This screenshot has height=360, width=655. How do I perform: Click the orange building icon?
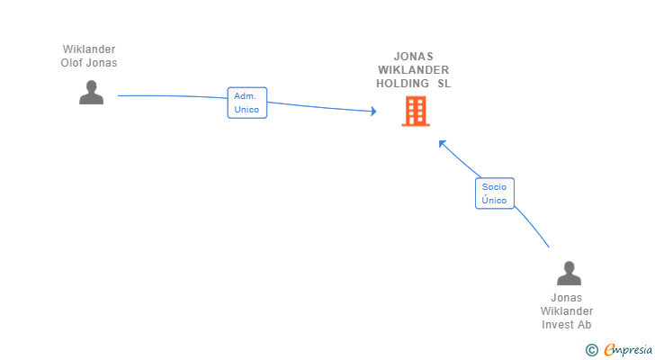[415, 112]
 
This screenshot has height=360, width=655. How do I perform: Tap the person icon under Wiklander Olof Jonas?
[91, 93]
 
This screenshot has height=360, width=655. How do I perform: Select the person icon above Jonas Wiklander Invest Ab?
[568, 274]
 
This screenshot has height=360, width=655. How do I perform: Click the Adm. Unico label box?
[247, 103]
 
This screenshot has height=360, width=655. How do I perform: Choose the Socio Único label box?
[494, 193]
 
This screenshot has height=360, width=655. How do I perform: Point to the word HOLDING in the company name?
[402, 84]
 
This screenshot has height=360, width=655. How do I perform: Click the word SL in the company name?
[444, 84]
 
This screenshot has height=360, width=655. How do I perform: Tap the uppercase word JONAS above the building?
[414, 57]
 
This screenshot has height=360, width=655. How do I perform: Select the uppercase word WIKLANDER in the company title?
[414, 70]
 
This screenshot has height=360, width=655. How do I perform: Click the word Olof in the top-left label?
[73, 63]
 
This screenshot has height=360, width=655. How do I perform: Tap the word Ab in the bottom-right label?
[585, 325]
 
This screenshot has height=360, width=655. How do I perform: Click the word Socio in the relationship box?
[494, 187]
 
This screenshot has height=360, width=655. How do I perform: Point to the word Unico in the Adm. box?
[247, 110]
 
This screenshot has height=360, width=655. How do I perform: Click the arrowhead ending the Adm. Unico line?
[372, 112]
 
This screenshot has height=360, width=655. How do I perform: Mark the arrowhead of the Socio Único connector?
[442, 143]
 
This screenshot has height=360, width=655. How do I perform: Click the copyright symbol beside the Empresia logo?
[591, 349]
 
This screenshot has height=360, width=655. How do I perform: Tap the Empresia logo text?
[626, 349]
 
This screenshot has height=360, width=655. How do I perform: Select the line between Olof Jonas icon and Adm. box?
[171, 95]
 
